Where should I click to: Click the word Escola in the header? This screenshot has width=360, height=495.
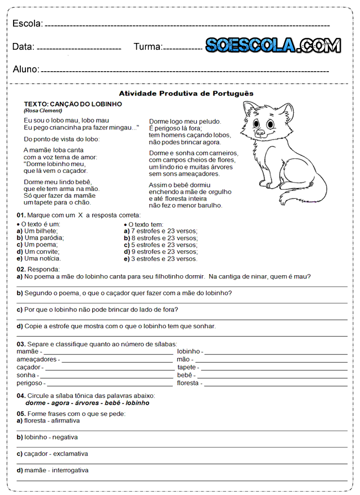coord(27,23)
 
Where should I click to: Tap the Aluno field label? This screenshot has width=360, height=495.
coord(26,70)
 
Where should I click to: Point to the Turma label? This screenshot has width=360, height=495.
coord(148,47)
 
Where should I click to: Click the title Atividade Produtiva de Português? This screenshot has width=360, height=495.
coord(186,93)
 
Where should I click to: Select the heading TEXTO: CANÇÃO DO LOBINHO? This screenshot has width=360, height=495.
coord(73,105)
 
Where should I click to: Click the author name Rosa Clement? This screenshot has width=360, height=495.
coord(43,111)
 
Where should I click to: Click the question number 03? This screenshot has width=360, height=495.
coord(20,344)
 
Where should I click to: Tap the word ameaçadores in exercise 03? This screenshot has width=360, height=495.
coord(37,359)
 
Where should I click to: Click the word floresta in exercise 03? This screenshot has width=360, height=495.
coord(188,383)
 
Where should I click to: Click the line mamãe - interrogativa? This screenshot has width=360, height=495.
coord(53,470)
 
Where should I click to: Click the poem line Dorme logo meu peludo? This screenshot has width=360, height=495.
coord(185,121)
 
